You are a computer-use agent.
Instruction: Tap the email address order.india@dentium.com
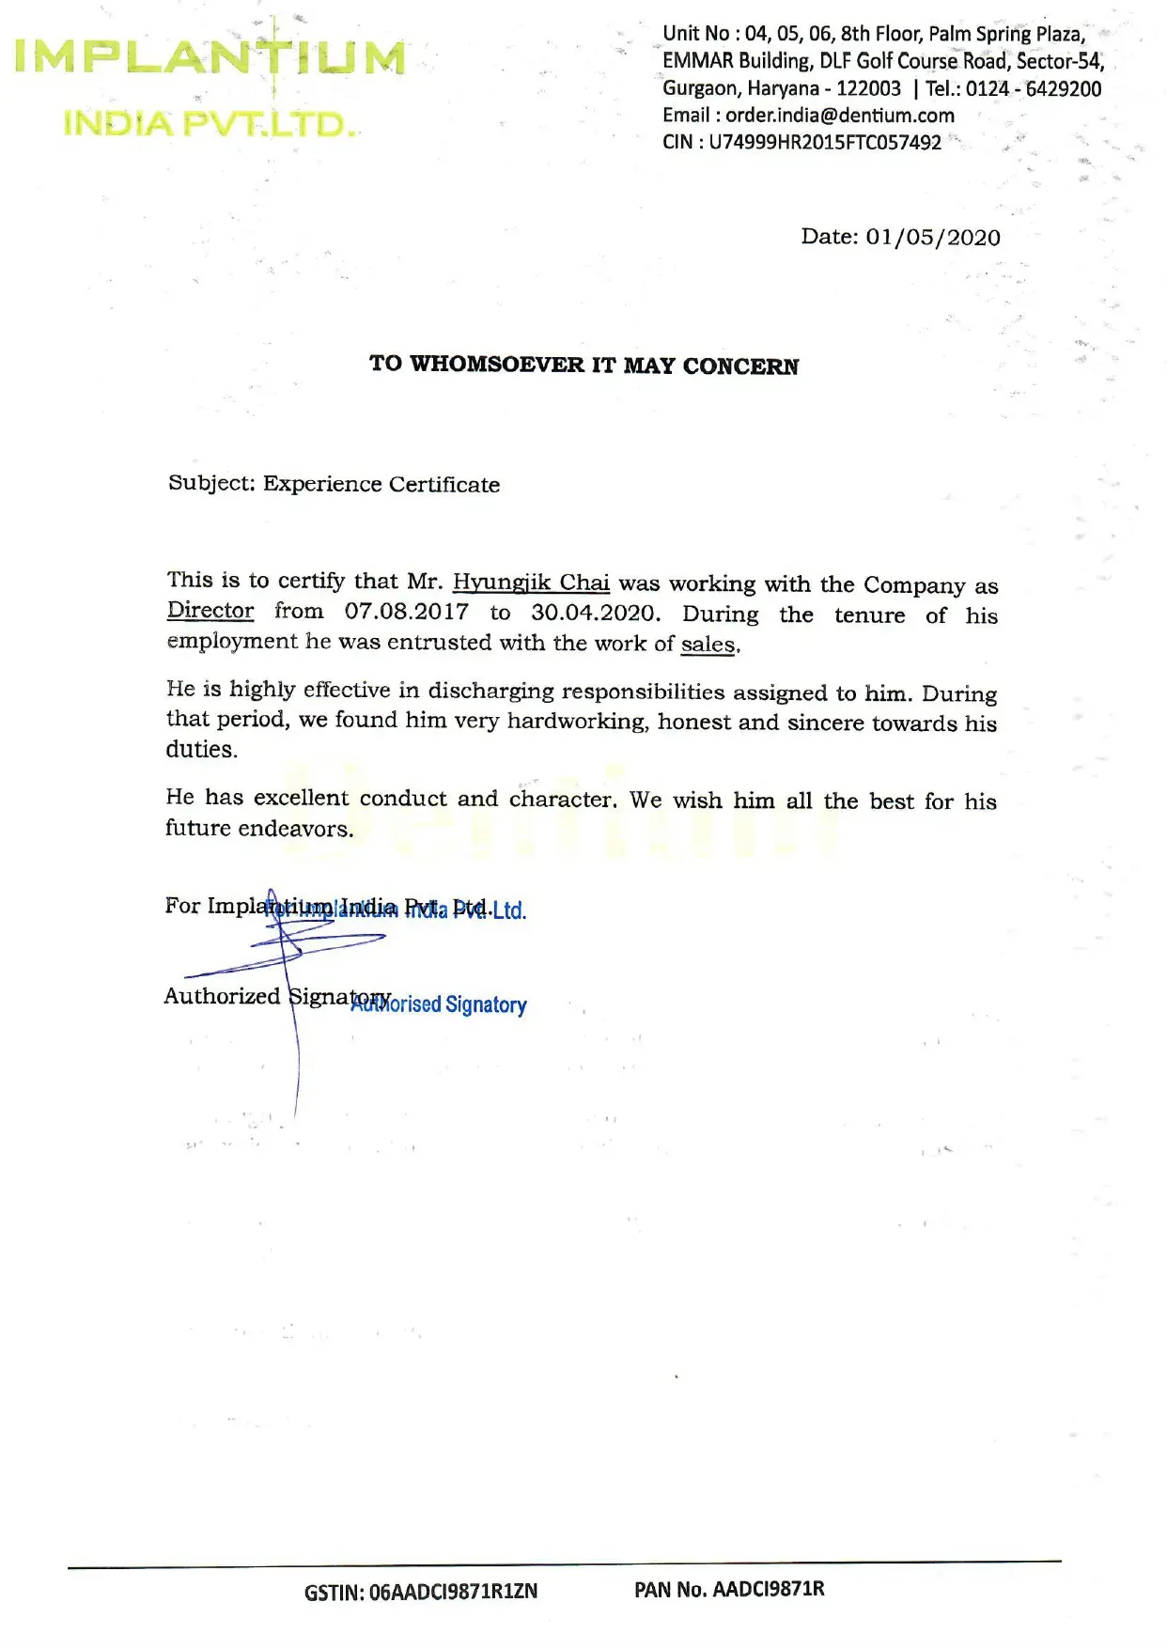coord(839,116)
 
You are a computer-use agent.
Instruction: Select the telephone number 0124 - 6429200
coord(1034,89)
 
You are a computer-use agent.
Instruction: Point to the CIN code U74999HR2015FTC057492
coord(825,143)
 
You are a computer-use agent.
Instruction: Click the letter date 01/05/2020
coord(933,237)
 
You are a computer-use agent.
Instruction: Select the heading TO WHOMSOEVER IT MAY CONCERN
coord(583,365)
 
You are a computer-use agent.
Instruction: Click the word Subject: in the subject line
coord(211,483)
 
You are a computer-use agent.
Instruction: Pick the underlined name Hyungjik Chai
coord(531,583)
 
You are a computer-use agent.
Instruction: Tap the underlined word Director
coord(210,611)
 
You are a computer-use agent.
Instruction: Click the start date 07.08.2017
coord(406,612)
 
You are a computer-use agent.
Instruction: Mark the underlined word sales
coord(708,645)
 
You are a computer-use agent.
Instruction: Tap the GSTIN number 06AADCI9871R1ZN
coord(453,1592)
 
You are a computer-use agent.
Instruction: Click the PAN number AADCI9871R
coord(768,1589)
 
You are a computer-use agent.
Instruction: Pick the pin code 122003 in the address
coord(868,89)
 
